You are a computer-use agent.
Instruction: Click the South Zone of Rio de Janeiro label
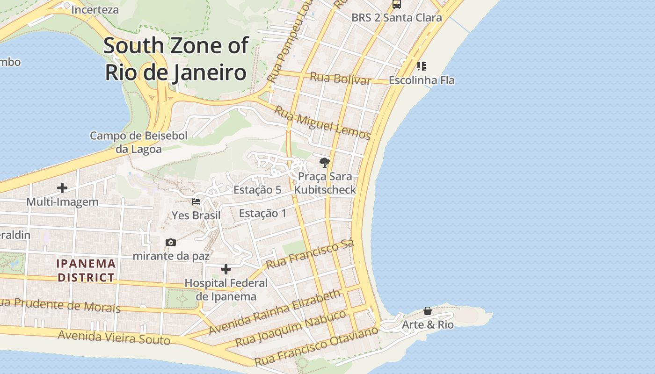[x=176, y=59]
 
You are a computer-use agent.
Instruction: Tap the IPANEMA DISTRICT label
[x=86, y=270]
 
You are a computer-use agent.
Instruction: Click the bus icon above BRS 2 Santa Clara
[x=397, y=4]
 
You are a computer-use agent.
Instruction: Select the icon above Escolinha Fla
[x=422, y=66]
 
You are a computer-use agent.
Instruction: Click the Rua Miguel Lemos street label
[x=322, y=123]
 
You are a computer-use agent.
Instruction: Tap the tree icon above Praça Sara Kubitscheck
[x=324, y=163]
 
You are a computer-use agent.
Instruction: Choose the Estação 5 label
[x=257, y=190]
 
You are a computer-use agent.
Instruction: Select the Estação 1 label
[x=262, y=213]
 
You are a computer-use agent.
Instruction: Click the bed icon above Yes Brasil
[x=196, y=201]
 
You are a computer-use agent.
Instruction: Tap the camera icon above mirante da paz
[x=171, y=242]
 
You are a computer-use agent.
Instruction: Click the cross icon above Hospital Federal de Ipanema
[x=226, y=269]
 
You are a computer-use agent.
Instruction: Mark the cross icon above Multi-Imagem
[x=62, y=188]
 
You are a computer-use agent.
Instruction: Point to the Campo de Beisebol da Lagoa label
[x=138, y=143]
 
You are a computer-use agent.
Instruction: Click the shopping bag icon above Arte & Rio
[x=428, y=311]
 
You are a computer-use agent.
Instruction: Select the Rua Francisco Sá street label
[x=309, y=255]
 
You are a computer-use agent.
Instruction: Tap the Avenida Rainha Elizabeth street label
[x=275, y=312]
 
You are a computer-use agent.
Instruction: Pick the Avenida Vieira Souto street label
[x=114, y=337]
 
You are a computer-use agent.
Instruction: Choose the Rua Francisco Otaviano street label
[x=316, y=346]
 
